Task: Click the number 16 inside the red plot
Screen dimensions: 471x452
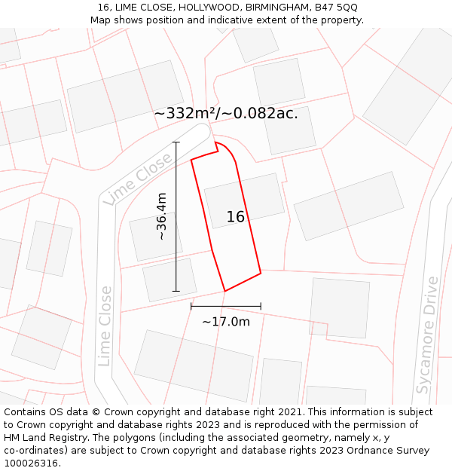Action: [235, 217]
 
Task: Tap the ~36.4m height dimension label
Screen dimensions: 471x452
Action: [161, 217]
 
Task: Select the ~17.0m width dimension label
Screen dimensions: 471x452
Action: [225, 322]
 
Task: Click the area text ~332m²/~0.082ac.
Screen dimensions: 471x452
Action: [226, 114]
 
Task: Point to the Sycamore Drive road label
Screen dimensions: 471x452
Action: [427, 335]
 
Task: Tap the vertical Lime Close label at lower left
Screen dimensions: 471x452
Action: [105, 326]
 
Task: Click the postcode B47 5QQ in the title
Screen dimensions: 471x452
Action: [336, 8]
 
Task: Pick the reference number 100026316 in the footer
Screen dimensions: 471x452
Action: [30, 463]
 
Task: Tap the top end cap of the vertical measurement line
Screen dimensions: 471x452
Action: [176, 142]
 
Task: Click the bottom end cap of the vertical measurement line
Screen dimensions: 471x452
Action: [176, 291]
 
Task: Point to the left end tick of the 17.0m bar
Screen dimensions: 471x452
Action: [191, 306]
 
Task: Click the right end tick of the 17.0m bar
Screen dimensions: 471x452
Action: [261, 306]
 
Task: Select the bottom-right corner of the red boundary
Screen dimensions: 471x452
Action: [261, 273]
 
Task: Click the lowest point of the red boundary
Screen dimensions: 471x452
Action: [225, 291]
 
